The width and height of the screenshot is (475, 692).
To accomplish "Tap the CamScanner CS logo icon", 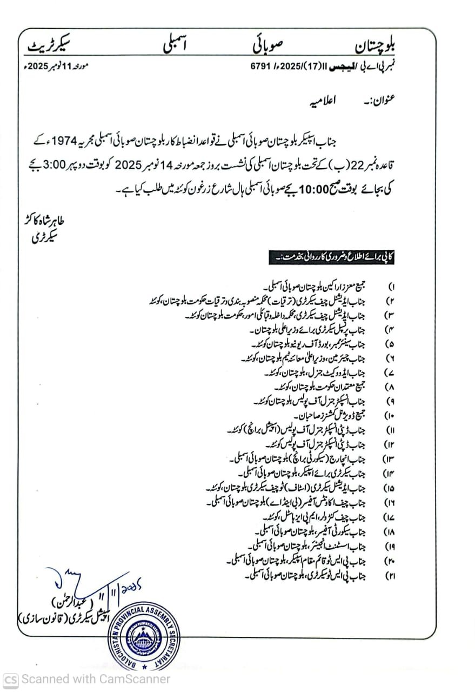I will (10, 679).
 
